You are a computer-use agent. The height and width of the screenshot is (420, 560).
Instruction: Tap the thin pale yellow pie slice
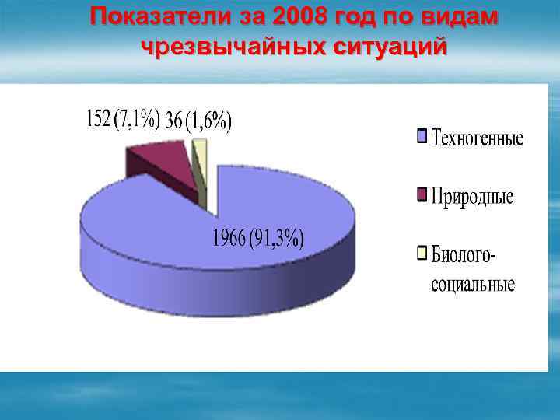click(x=199, y=156)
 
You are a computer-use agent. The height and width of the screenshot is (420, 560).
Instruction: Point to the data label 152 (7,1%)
click(x=122, y=120)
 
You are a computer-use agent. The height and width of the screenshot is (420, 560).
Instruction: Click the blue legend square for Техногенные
click(x=422, y=138)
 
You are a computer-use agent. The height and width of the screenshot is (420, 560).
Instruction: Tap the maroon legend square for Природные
click(x=422, y=194)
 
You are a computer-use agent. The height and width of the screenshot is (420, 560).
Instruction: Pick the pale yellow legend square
click(x=422, y=252)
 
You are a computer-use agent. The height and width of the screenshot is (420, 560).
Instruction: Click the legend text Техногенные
click(x=478, y=139)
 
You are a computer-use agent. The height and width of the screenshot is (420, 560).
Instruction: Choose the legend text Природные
click(x=472, y=196)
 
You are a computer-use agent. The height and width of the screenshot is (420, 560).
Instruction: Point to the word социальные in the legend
click(x=473, y=284)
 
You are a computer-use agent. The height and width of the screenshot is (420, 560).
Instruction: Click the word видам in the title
click(x=462, y=17)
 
